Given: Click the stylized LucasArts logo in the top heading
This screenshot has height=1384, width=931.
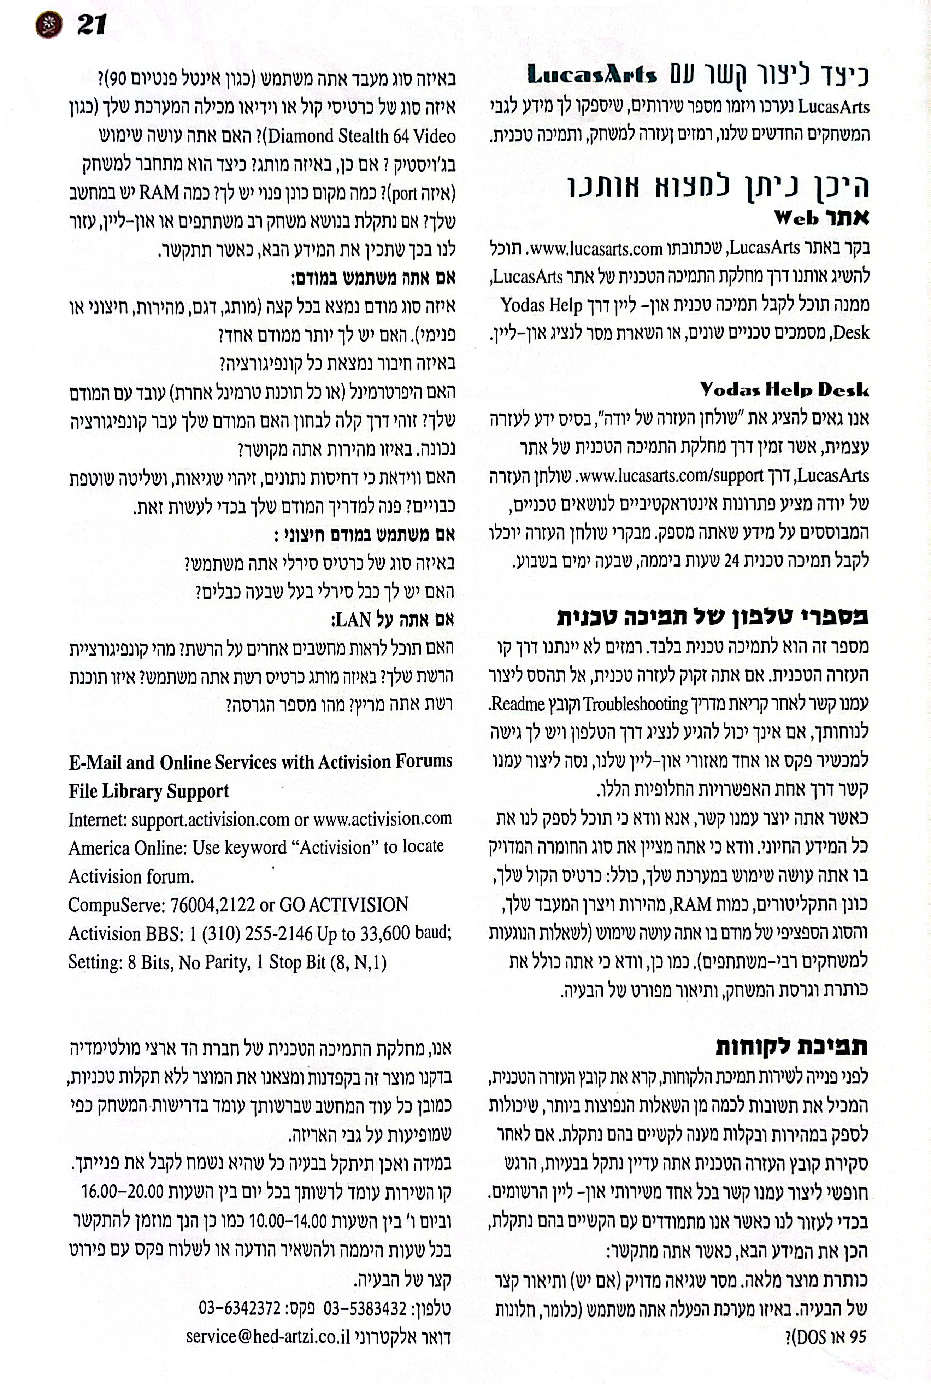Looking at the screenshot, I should click(x=592, y=75).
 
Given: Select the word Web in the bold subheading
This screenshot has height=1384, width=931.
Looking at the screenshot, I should click(x=796, y=218).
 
